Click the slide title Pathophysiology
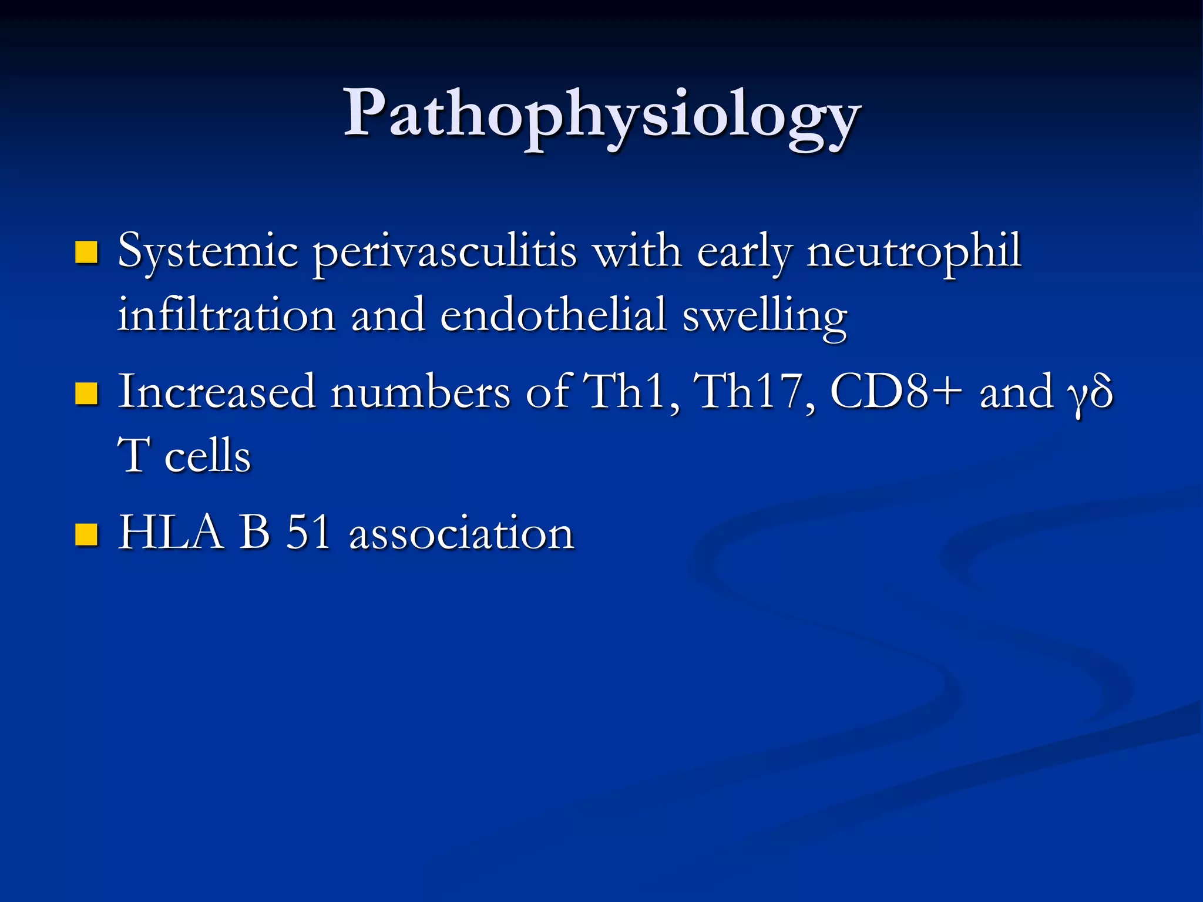(601, 115)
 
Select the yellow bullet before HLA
(87, 534)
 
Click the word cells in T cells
(207, 457)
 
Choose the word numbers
(420, 392)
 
